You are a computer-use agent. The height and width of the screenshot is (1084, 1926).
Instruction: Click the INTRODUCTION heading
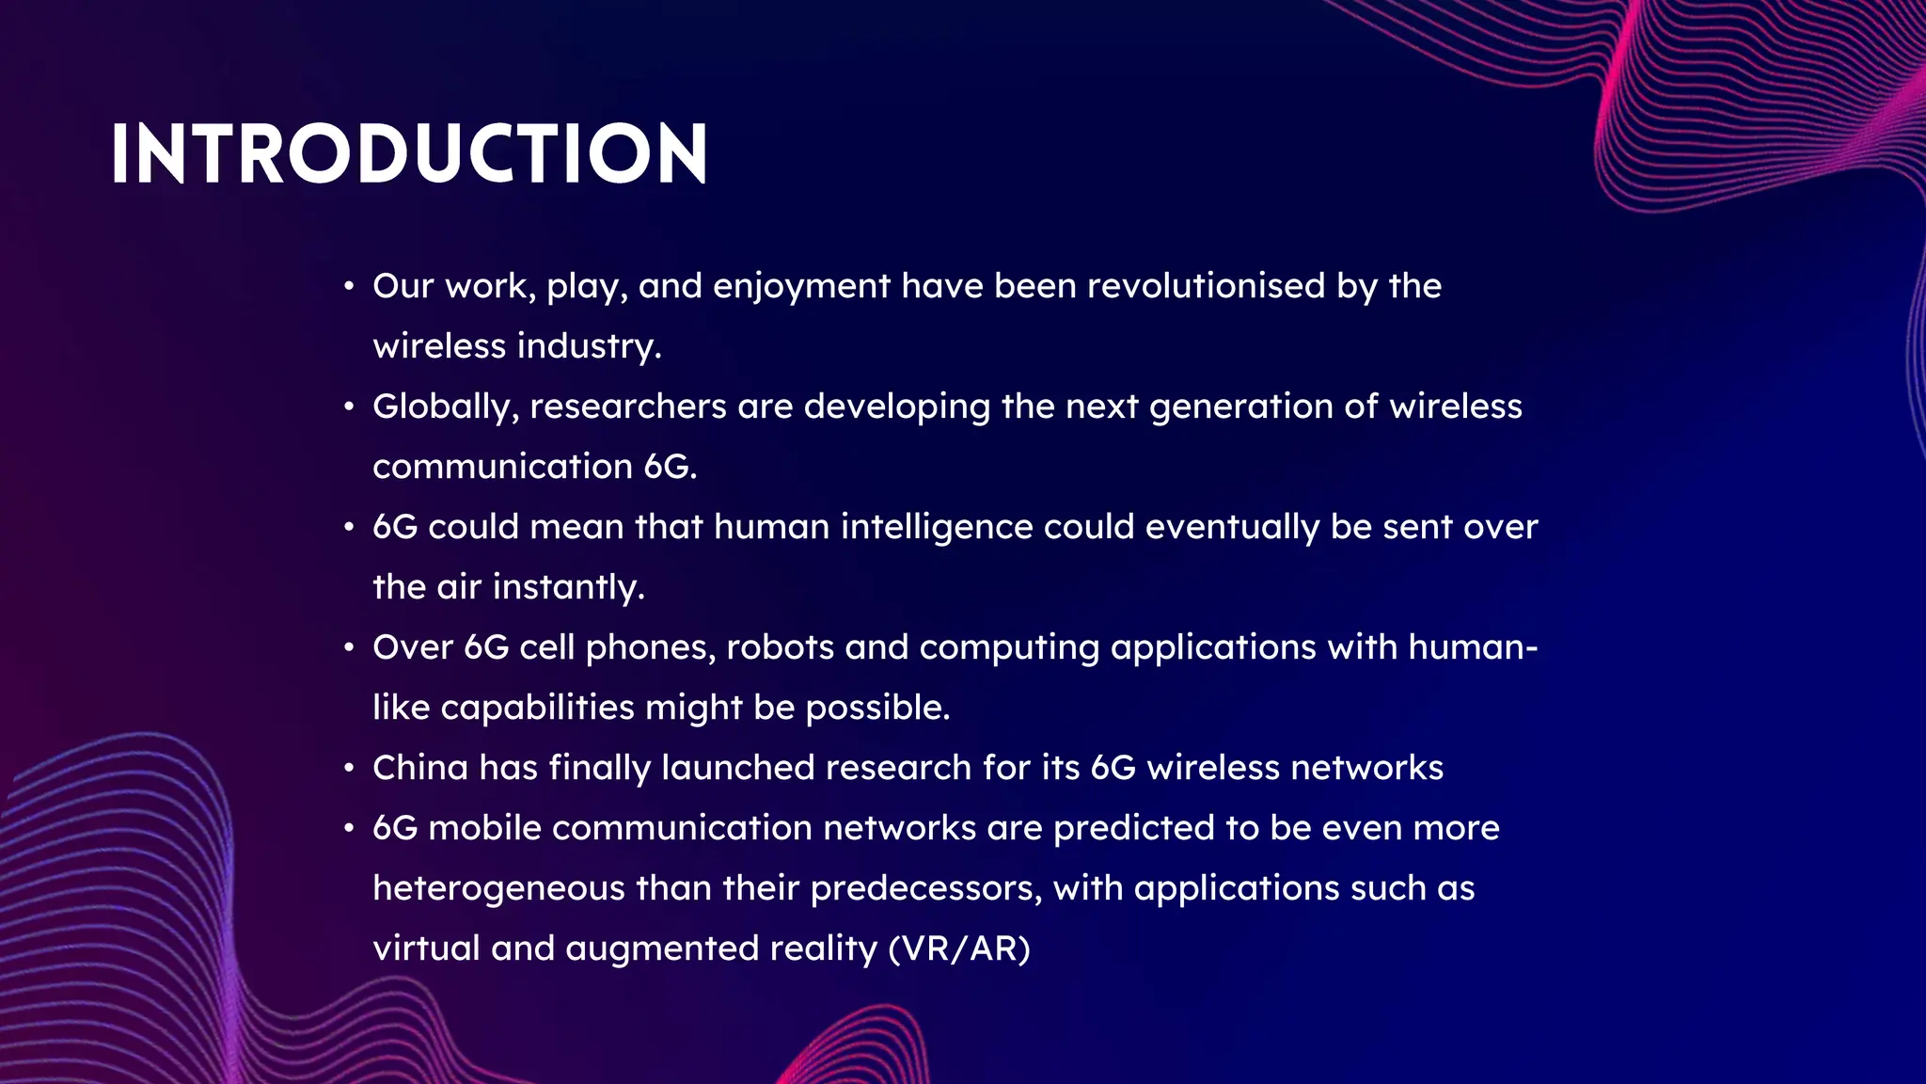pyautogui.click(x=409, y=153)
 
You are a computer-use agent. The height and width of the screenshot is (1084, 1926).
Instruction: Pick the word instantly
pyautogui.click(x=569, y=587)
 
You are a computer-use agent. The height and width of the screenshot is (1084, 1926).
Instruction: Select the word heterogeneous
pyautogui.click(x=498, y=888)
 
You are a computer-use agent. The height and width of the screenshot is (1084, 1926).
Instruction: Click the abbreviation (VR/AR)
pyautogui.click(x=959, y=948)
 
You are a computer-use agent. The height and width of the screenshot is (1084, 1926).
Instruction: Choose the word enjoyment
pyautogui.click(x=801, y=287)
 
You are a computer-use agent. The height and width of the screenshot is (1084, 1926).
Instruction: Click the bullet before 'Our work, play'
pyautogui.click(x=349, y=286)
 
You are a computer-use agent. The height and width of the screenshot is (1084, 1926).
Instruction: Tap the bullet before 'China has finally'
pyautogui.click(x=349, y=768)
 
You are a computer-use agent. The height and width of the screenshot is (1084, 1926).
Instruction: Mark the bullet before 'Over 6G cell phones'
pyautogui.click(x=349, y=647)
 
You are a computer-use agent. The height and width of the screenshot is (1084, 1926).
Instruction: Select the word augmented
pyautogui.click(x=662, y=948)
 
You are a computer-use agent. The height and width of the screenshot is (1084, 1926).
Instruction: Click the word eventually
pyautogui.click(x=1232, y=528)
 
